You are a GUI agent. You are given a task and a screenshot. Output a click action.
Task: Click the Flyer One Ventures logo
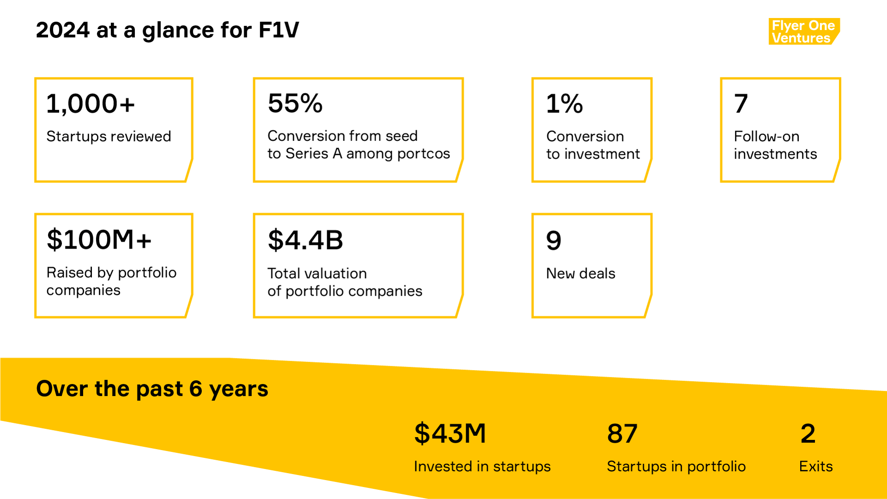803,31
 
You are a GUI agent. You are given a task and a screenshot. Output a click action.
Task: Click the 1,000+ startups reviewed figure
91,103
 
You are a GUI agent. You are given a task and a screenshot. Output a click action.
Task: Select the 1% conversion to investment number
564,103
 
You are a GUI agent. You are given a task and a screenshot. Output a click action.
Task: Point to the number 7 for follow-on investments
741,103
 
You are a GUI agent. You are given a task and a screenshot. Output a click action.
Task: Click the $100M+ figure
99,240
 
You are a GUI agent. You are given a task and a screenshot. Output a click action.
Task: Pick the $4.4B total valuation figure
305,240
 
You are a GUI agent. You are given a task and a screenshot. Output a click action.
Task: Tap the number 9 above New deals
553,240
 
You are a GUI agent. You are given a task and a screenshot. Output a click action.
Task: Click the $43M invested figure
450,433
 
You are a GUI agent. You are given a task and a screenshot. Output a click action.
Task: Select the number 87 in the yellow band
622,433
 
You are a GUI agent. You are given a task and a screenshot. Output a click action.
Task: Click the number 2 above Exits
808,433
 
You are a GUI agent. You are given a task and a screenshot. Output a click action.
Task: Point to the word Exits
816,466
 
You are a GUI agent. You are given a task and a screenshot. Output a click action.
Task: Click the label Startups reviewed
109,136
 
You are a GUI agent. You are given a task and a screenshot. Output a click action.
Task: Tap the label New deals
580,274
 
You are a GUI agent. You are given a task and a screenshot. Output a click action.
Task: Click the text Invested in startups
482,466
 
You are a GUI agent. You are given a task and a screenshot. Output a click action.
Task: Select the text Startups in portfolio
676,466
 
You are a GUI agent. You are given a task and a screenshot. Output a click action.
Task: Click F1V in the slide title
279,30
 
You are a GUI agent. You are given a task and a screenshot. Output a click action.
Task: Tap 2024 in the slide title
63,30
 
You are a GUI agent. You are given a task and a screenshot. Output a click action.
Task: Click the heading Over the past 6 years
152,389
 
